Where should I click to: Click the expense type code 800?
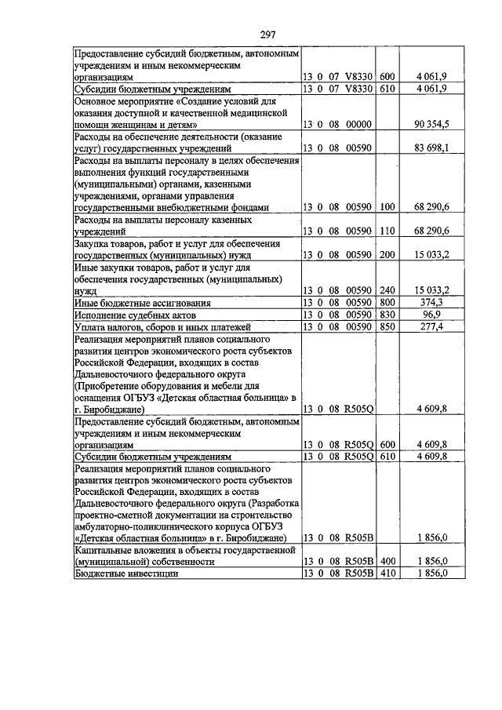coord(387,303)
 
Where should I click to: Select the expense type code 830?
coord(387,315)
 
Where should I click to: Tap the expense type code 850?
coord(387,326)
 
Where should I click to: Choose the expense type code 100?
coord(387,208)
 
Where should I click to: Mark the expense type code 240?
coord(387,291)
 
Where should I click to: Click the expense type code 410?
coord(387,573)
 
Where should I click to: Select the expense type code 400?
coord(387,562)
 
